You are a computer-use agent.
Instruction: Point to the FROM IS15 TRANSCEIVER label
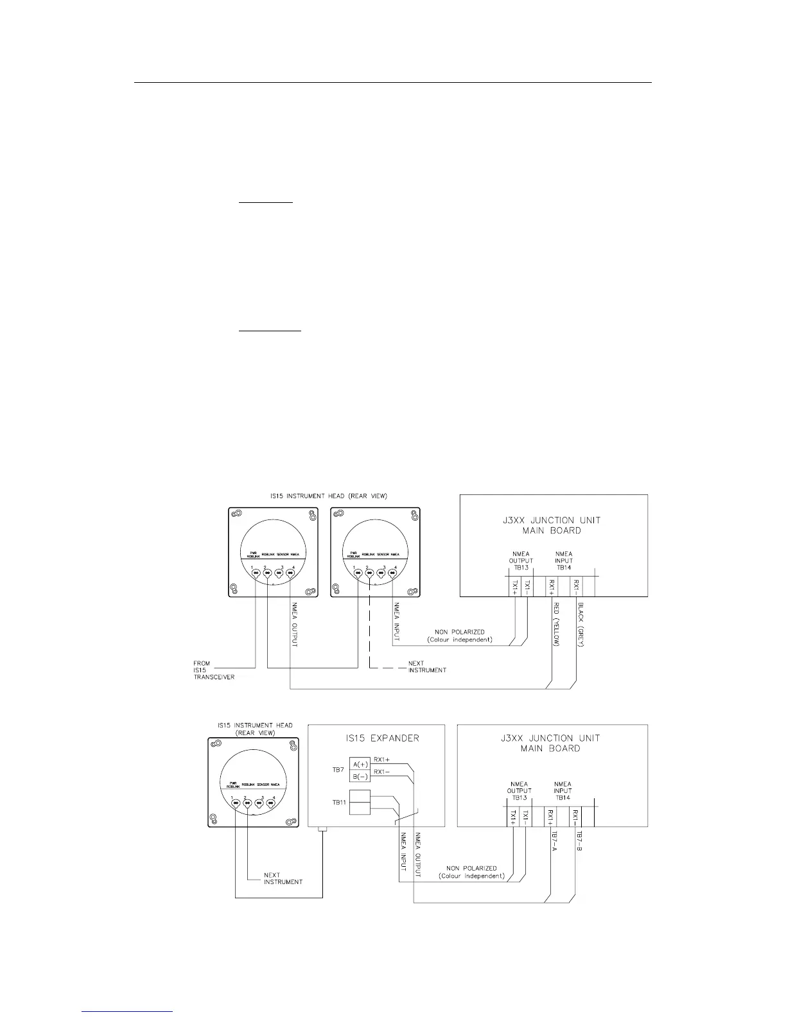pyautogui.click(x=214, y=670)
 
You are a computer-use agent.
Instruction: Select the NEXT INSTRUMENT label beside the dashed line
pyautogui.click(x=427, y=666)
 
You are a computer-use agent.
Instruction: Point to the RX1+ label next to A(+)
pyautogui.click(x=381, y=760)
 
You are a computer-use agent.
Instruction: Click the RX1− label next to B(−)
pyautogui.click(x=381, y=772)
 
